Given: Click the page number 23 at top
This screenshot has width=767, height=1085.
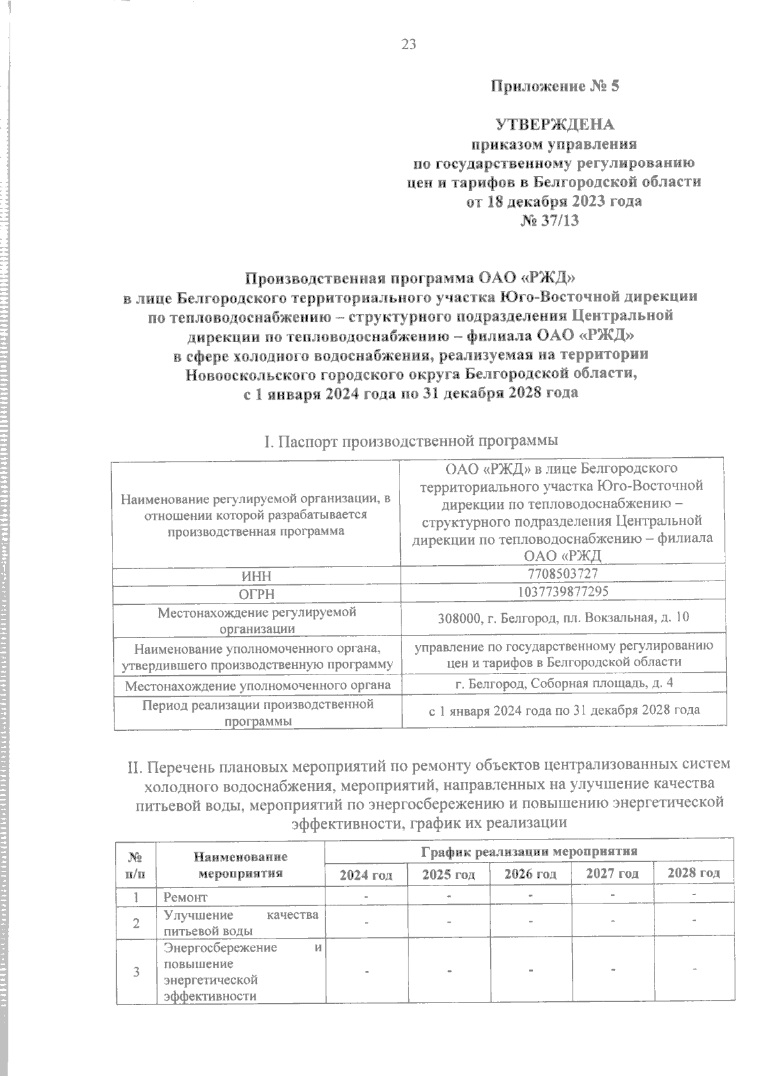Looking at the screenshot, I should tap(409, 44).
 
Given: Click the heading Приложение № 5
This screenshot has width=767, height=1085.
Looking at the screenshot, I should tap(555, 86).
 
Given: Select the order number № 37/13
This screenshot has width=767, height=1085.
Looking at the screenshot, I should tap(554, 221).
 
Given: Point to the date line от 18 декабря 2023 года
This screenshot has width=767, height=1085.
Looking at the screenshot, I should tap(554, 201).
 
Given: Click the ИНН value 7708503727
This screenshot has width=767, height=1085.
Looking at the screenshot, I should tap(562, 574).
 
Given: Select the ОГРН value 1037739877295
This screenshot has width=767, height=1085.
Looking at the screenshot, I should tap(562, 592).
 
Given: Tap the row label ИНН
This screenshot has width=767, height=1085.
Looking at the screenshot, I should tap(256, 576).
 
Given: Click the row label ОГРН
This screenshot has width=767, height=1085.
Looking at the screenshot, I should tap(256, 594).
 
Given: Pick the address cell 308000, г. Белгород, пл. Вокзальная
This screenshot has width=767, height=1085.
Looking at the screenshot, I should tap(562, 618).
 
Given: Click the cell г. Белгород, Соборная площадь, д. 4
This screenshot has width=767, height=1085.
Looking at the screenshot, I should tap(564, 683).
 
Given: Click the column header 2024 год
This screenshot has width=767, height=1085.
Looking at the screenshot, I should tap(366, 874).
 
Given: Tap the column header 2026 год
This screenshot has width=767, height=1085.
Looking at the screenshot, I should tap(530, 873).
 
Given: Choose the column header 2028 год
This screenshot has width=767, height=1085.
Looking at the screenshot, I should tap(693, 873).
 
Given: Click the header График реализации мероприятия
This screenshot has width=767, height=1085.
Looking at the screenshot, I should tap(529, 851).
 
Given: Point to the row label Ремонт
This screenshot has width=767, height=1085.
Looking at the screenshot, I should tap(185, 897).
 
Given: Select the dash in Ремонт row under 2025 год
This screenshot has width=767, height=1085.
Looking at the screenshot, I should tap(449, 896).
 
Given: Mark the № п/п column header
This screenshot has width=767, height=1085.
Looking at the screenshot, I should tap(136, 863).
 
